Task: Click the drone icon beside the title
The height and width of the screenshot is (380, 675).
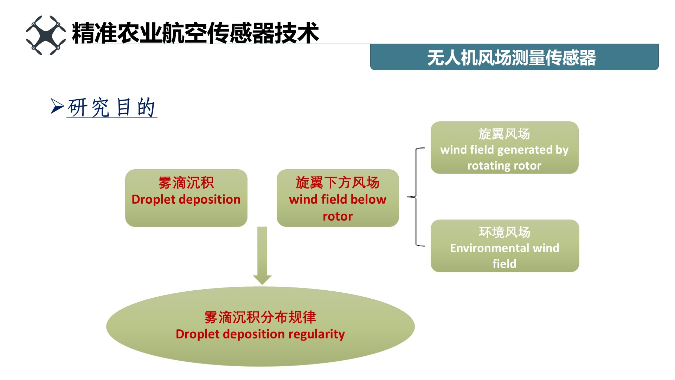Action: [x=46, y=35]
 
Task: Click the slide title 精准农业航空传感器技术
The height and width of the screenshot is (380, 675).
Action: [x=195, y=33]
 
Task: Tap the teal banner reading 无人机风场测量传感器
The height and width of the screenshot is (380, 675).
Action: [x=514, y=57]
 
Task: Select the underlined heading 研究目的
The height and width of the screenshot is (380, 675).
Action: [x=111, y=107]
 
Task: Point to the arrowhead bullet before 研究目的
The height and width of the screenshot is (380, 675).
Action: [x=57, y=106]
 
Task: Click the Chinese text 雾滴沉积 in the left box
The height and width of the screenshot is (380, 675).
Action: [x=186, y=183]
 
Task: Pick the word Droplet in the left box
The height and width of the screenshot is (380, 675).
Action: [x=153, y=199]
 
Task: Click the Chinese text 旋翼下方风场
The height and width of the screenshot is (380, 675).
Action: [x=337, y=183]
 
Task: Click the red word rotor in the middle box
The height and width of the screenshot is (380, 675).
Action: [x=337, y=216]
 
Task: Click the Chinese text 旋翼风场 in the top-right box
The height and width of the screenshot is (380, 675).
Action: [x=504, y=134]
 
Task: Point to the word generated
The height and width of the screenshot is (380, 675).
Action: [x=525, y=150]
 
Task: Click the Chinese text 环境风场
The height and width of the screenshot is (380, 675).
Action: [x=504, y=232]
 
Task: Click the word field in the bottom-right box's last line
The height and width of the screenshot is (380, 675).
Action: [x=504, y=264]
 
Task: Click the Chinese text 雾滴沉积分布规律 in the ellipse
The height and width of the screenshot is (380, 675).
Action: [x=260, y=317]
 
